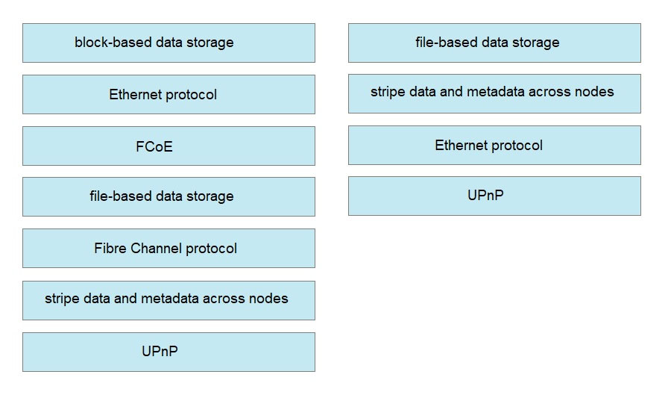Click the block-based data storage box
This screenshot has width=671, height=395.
[x=168, y=43]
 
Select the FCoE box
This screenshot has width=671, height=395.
[x=168, y=146]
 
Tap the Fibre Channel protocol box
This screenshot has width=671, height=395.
[x=168, y=249]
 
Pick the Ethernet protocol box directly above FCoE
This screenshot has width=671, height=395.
[x=168, y=95]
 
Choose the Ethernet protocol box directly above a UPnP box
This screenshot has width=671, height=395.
[x=494, y=146]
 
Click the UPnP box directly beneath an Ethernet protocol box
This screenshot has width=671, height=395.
[x=494, y=196]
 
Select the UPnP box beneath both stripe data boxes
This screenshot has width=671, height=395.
[x=168, y=352]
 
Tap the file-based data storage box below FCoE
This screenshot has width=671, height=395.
[x=168, y=196]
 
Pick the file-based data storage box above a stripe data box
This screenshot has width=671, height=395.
[x=494, y=43]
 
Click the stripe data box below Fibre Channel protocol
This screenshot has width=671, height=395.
[x=168, y=301]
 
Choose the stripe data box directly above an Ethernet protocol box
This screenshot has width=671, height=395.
[x=494, y=94]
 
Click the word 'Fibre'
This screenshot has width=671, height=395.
[x=110, y=248]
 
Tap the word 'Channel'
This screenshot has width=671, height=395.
[x=157, y=248]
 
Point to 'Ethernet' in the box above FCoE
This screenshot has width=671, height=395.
[x=135, y=94]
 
